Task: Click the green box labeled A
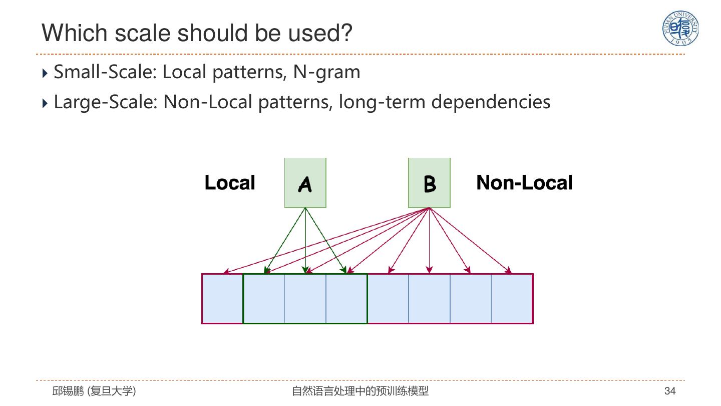click(x=305, y=183)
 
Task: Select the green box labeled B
click(x=429, y=183)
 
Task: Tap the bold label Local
click(x=230, y=183)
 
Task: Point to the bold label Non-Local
click(x=524, y=183)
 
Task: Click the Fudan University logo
click(x=680, y=28)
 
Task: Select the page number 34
click(x=670, y=391)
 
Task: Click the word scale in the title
click(x=144, y=33)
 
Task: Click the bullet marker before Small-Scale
click(x=46, y=73)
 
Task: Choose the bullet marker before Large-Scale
click(x=46, y=103)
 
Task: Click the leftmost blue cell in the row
click(x=222, y=299)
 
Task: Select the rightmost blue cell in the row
click(x=512, y=299)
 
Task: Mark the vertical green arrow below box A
click(x=305, y=241)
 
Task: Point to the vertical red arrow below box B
click(x=429, y=241)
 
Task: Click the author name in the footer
click(x=94, y=391)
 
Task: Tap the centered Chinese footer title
click(x=360, y=391)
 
